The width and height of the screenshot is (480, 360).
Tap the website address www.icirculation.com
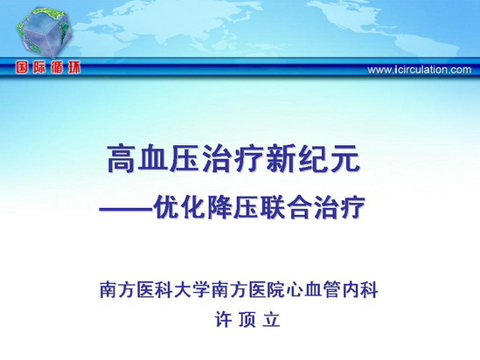[420, 70]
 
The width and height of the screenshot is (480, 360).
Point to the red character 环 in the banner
[73, 67]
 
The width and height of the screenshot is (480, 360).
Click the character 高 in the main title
[122, 159]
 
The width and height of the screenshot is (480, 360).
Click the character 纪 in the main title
[312, 159]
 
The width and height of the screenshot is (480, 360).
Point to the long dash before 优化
[126, 208]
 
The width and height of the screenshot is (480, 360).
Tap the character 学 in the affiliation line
[201, 289]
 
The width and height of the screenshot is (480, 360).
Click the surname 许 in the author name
[223, 320]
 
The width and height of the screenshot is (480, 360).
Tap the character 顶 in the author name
[247, 320]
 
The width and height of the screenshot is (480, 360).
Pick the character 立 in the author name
[271, 320]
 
